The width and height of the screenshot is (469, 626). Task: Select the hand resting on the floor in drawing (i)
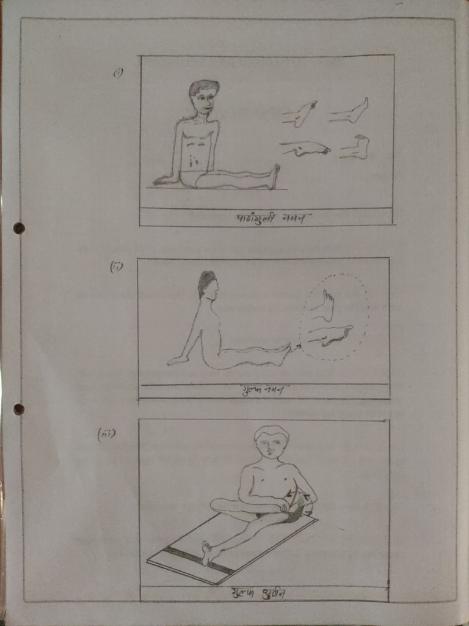(x=164, y=180)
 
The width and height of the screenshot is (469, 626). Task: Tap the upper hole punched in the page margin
(x=19, y=228)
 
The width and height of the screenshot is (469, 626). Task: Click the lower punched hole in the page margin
(x=19, y=408)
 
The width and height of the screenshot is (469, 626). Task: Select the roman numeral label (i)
(x=118, y=72)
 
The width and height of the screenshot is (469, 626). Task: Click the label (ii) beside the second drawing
(x=116, y=267)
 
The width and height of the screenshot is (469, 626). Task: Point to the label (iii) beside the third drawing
(x=107, y=435)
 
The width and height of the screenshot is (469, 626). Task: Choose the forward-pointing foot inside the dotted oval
(x=330, y=336)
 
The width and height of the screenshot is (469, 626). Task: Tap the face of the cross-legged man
(x=271, y=444)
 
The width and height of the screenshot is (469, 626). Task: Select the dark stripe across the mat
(x=198, y=560)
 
